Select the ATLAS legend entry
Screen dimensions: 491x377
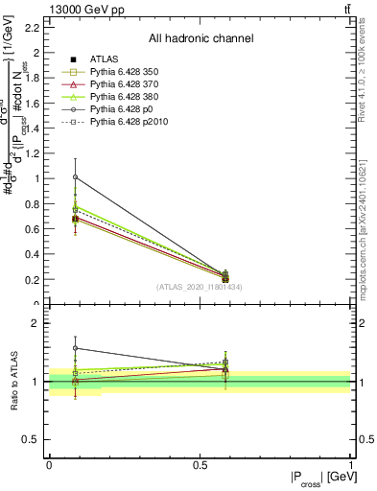point(105,59)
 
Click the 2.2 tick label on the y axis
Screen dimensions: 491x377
point(32,27)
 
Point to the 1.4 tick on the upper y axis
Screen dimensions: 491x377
point(32,128)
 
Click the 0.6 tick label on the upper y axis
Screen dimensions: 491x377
point(32,229)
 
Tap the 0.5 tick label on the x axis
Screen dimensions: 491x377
point(200,465)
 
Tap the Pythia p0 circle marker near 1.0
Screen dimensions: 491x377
point(76,176)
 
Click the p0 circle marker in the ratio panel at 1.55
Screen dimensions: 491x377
point(76,348)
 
